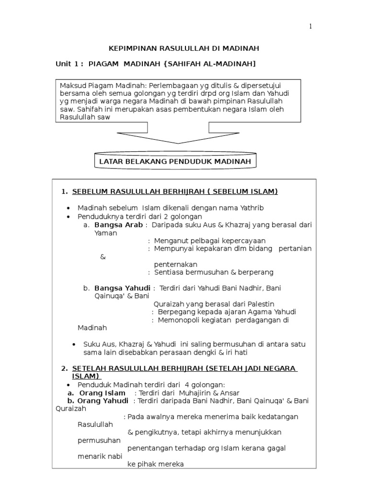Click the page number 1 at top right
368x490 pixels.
coord(310,27)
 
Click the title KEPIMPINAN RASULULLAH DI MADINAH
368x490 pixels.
coord(184,49)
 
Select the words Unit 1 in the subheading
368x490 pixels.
coord(70,64)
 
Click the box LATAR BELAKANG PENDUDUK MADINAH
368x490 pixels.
coord(175,162)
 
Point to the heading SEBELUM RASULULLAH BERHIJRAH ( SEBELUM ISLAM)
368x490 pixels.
coord(175,192)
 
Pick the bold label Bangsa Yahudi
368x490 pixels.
coord(122,288)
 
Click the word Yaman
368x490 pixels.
coord(105,233)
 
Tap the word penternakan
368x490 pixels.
coord(175,264)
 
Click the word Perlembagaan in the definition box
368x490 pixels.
coord(164,86)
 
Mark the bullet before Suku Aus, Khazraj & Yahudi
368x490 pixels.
coord(73,345)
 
